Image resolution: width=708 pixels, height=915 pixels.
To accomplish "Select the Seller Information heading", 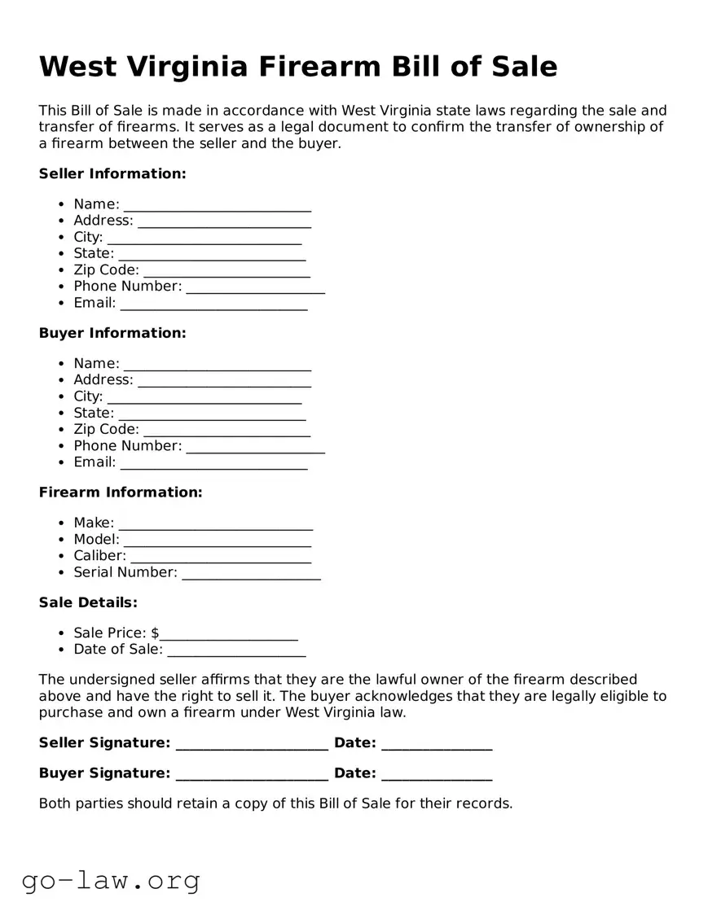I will pyautogui.click(x=112, y=174).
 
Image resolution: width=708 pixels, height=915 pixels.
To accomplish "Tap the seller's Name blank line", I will pyautogui.click(x=217, y=205).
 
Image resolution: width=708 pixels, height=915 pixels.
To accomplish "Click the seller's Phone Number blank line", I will pyautogui.click(x=255, y=287).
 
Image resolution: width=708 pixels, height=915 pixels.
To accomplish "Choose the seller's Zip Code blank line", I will pyautogui.click(x=226, y=271).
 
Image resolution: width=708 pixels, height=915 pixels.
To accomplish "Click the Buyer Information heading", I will pyautogui.click(x=112, y=334).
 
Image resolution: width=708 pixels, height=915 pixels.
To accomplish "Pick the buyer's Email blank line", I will pyautogui.click(x=213, y=463).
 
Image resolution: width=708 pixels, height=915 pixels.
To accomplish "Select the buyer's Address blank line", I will pyautogui.click(x=224, y=381).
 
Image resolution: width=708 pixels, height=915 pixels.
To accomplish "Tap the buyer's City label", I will pyautogui.click(x=88, y=396).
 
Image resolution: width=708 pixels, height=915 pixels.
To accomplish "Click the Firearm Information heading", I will pyautogui.click(x=121, y=493).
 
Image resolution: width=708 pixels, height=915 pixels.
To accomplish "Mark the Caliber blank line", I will pyautogui.click(x=220, y=557).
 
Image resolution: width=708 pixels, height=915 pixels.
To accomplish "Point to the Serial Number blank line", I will pyautogui.click(x=251, y=573).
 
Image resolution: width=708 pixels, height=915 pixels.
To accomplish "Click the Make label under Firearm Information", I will pyautogui.click(x=94, y=523).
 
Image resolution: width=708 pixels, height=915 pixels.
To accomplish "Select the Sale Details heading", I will pyautogui.click(x=88, y=603).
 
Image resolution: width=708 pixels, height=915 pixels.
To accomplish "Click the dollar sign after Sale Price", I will pyautogui.click(x=155, y=633).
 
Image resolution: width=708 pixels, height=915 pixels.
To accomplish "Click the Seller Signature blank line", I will pyautogui.click(x=252, y=744).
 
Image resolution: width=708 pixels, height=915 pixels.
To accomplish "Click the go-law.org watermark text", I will pyautogui.click(x=111, y=880).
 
